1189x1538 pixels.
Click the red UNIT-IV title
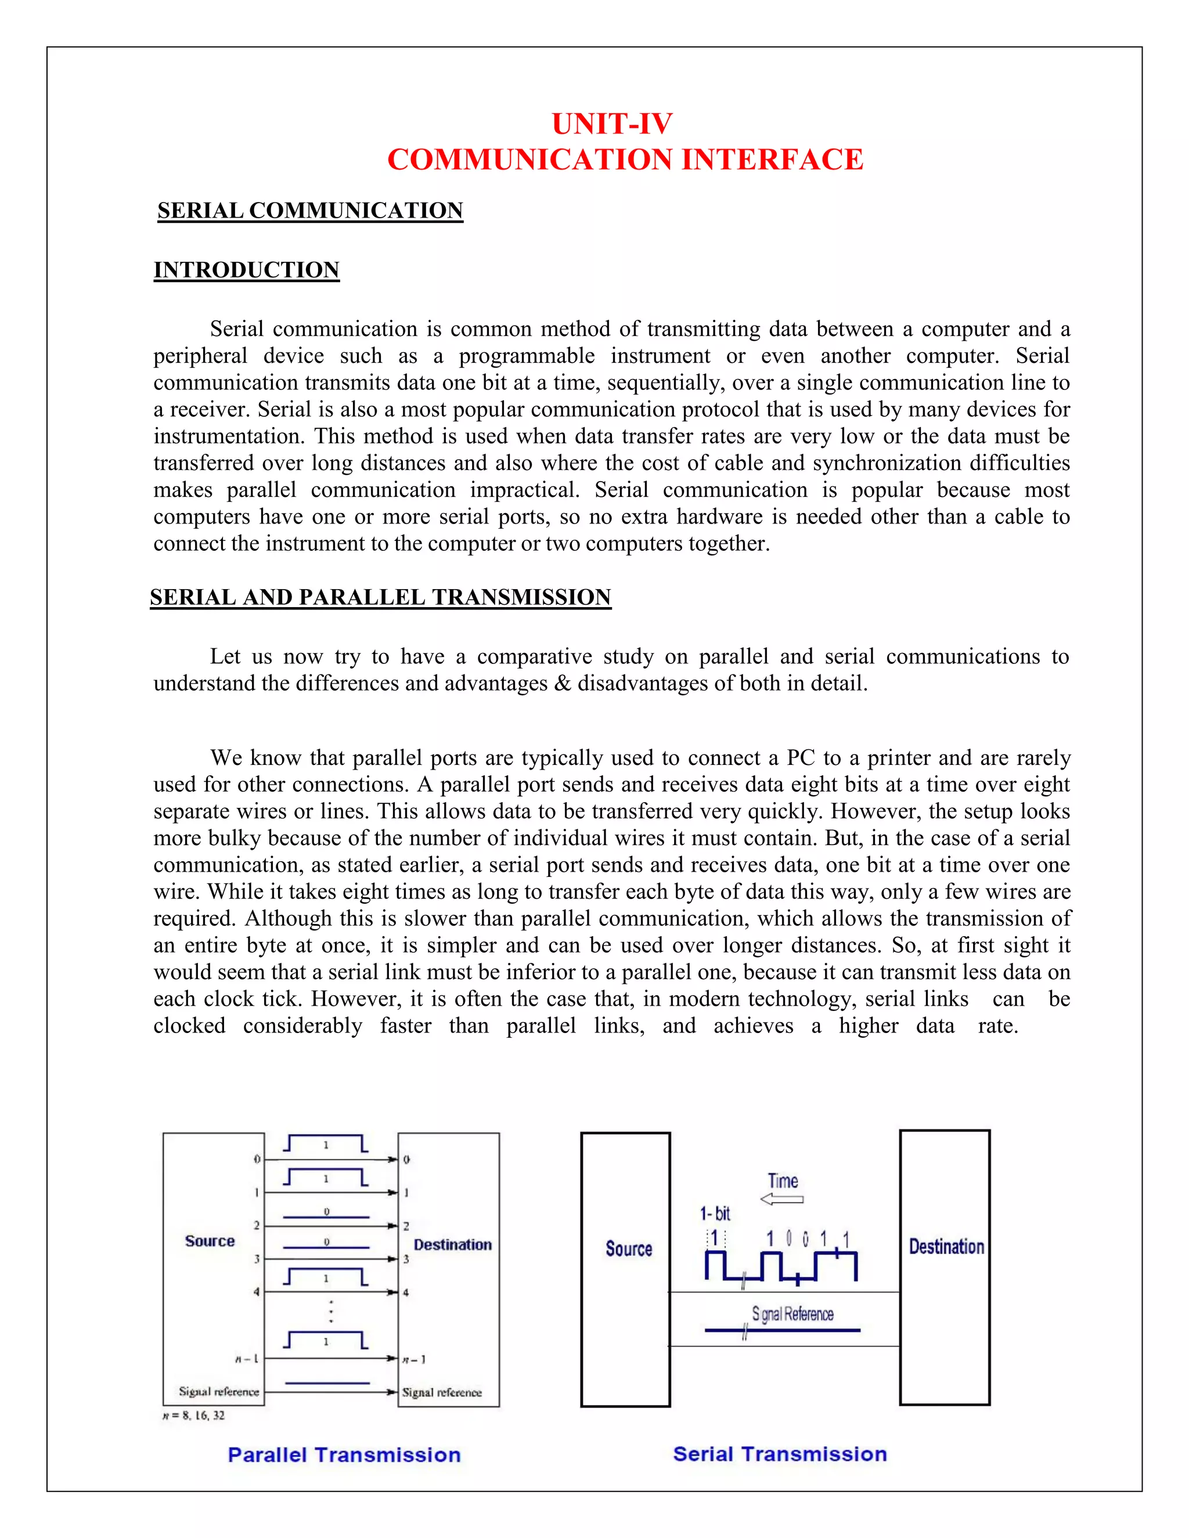tap(611, 124)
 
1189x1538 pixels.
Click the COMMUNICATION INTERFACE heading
tap(625, 159)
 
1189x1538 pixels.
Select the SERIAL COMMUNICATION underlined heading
tap(310, 211)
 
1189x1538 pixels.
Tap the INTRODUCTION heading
tap(247, 270)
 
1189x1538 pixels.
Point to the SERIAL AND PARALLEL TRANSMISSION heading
tap(380, 597)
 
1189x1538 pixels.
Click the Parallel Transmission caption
tap(344, 1455)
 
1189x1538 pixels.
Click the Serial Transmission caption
tap(779, 1453)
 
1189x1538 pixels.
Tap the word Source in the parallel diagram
tap(209, 1241)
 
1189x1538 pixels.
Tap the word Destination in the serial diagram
tap(945, 1247)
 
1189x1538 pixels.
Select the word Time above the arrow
tap(783, 1181)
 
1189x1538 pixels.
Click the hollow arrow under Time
tap(782, 1199)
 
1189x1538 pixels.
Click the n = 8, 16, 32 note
tap(194, 1416)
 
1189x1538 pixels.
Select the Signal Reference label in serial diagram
tap(792, 1314)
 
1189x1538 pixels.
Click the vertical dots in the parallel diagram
tap(331, 1311)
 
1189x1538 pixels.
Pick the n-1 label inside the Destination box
tap(414, 1359)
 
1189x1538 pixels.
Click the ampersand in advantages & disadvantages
tap(562, 683)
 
